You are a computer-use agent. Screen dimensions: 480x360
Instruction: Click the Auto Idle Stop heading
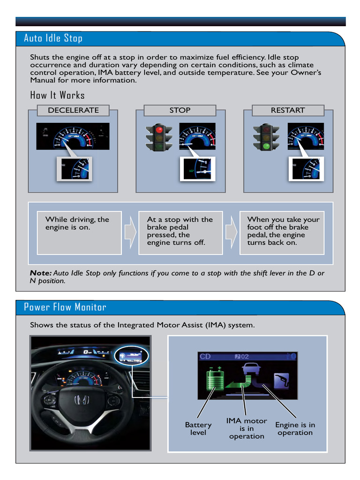click(53, 38)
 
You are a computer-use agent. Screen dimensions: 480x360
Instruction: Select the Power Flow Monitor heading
click(65, 307)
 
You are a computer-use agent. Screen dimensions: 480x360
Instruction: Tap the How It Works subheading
click(57, 95)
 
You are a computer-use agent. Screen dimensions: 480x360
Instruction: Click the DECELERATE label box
click(73, 110)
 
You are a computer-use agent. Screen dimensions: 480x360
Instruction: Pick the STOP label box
click(180, 110)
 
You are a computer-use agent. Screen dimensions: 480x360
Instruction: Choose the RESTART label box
click(288, 110)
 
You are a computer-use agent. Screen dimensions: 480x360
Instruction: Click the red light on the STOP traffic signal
click(159, 129)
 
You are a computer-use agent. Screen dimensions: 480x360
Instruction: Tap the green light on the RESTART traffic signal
click(266, 146)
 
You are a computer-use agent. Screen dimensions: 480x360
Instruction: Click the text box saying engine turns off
click(180, 232)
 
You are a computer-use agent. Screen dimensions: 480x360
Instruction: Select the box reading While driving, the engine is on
click(79, 232)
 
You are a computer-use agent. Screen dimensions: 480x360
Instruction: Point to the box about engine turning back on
click(282, 232)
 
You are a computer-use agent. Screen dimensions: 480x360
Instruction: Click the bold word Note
click(40, 273)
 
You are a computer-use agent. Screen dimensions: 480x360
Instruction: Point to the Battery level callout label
click(198, 428)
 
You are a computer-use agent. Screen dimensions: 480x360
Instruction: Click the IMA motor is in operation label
click(247, 428)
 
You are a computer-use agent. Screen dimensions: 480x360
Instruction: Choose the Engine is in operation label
click(295, 428)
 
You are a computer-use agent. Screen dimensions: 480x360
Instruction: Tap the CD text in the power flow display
click(205, 357)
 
